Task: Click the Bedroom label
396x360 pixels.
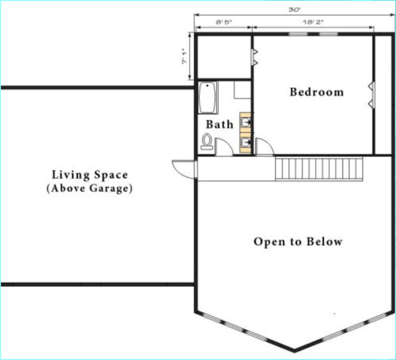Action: pos(317,92)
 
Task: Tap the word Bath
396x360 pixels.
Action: pos(219,125)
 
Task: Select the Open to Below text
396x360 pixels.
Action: pos(298,242)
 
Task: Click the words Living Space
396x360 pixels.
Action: pos(90,175)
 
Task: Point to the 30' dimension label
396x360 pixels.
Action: pos(295,10)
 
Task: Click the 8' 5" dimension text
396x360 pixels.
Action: pos(224,22)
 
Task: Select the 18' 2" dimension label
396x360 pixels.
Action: pos(313,22)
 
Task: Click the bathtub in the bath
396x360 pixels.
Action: pos(207,97)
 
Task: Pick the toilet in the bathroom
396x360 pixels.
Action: pos(207,141)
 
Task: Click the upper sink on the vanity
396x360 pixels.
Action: pos(246,123)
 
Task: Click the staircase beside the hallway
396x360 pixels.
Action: pos(319,169)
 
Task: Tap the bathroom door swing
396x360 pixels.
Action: pos(224,146)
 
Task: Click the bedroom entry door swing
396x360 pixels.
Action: pos(264,146)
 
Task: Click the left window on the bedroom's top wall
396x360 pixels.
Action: pos(298,34)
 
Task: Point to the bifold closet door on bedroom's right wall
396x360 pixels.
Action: pos(372,95)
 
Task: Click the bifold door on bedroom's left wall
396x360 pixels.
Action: pos(254,57)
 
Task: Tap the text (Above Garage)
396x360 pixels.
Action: pos(90,188)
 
